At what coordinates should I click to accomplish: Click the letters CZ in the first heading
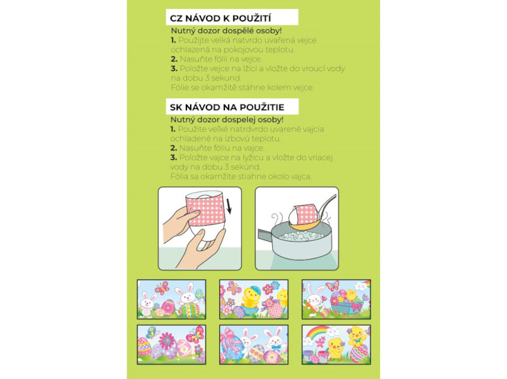[177, 18]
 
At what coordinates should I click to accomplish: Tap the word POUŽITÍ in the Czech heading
[251, 18]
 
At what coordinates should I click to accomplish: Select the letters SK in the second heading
[176, 107]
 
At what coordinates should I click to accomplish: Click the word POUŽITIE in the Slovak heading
[264, 106]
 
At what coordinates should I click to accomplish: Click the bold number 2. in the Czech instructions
[174, 59]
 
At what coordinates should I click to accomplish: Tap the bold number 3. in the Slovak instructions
[174, 157]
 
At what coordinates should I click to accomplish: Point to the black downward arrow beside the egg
[229, 207]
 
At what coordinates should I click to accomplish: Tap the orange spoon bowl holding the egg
[303, 226]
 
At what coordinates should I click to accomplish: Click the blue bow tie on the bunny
[275, 348]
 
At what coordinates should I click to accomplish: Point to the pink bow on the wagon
[356, 305]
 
